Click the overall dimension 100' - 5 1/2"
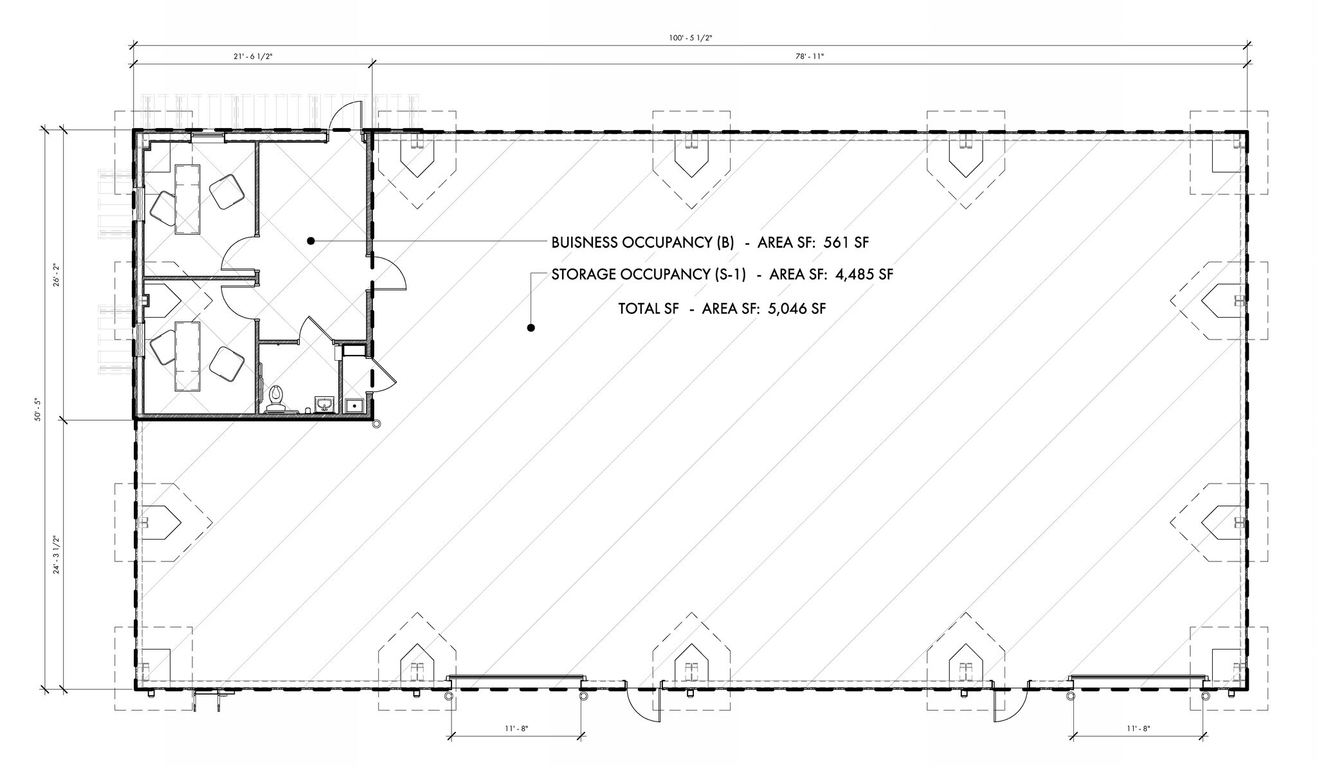click(690, 39)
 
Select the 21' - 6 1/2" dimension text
click(253, 57)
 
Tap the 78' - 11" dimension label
click(810, 57)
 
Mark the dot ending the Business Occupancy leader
click(310, 241)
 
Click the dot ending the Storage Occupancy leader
click(531, 328)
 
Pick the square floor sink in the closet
click(354, 406)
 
